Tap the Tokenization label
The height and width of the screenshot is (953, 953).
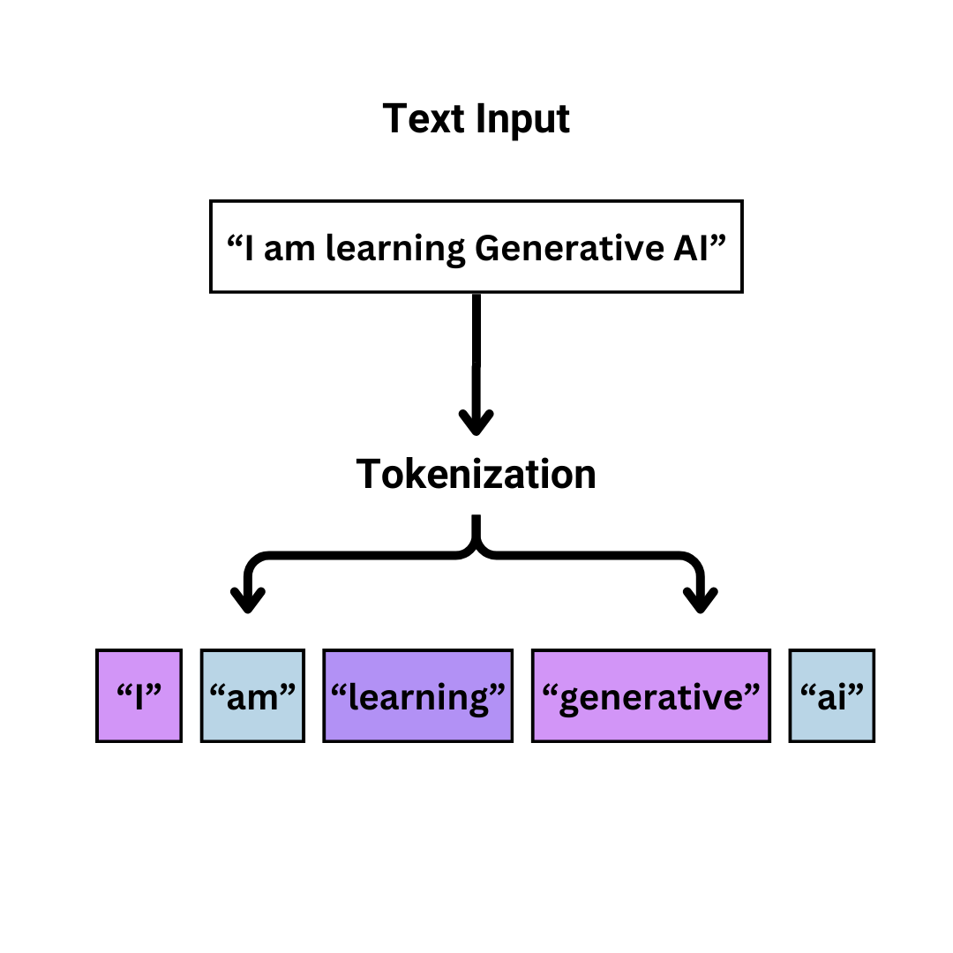tap(476, 475)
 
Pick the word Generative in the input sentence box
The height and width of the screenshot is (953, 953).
tap(557, 249)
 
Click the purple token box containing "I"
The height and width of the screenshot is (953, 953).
tap(139, 695)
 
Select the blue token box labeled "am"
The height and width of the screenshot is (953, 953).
tap(252, 695)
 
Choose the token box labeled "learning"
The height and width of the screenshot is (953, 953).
tap(417, 695)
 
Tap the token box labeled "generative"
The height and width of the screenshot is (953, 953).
tap(650, 695)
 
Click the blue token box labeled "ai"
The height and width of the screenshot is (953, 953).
tap(831, 695)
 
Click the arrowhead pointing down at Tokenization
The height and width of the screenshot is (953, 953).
tap(476, 422)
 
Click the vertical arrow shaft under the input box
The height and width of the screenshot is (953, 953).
tap(476, 353)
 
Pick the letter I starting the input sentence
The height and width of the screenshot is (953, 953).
tap(250, 249)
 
